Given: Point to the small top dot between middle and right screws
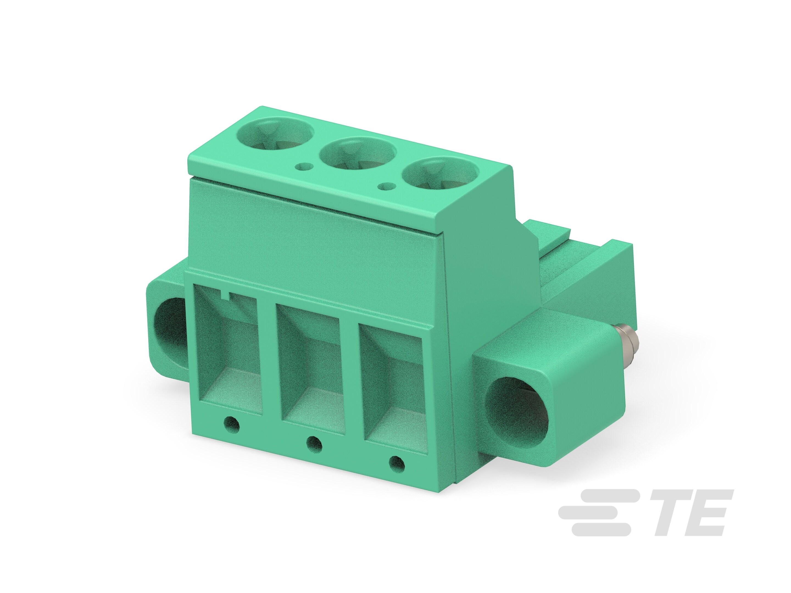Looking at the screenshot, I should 387,186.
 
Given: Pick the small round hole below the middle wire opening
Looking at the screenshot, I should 314,444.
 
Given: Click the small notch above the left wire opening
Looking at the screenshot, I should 226,295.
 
